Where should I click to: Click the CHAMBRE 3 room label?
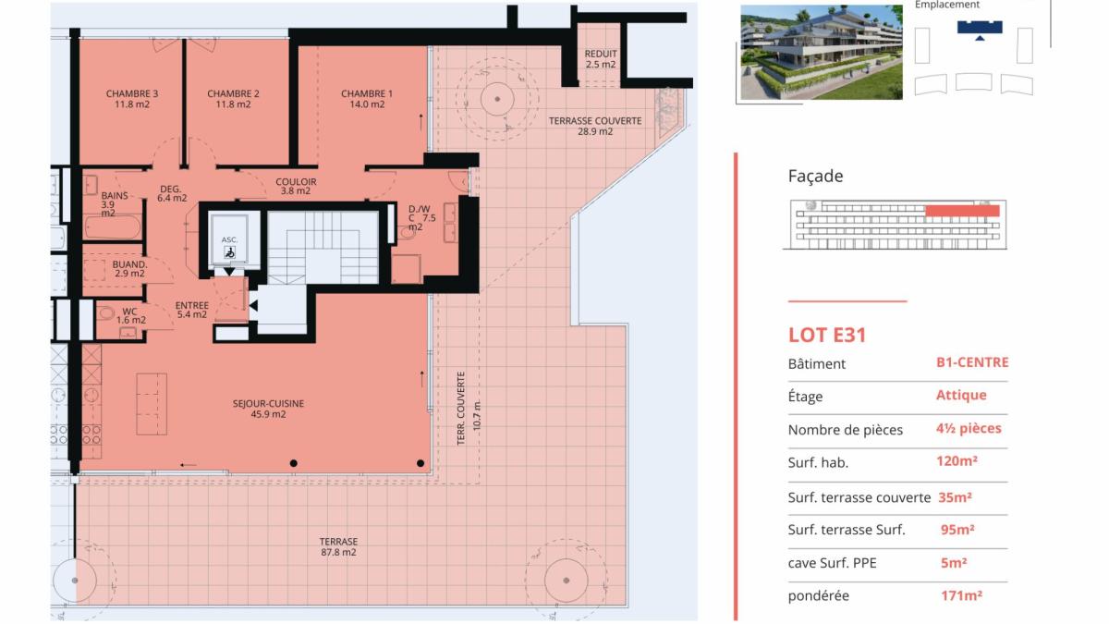(x=131, y=93)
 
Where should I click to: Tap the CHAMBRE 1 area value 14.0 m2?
(x=367, y=104)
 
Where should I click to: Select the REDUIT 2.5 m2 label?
(x=601, y=59)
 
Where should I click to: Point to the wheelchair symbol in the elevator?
(x=230, y=252)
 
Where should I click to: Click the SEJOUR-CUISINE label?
(x=268, y=404)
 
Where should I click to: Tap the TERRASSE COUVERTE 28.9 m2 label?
(x=595, y=127)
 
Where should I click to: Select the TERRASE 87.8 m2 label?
(x=338, y=546)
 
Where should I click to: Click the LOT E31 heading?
(x=827, y=336)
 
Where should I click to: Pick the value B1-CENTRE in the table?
(x=972, y=362)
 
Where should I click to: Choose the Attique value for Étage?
(x=961, y=396)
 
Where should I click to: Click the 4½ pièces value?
(x=969, y=428)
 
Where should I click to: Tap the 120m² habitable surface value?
(x=957, y=461)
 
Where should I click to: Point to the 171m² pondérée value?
(x=961, y=595)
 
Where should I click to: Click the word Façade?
(x=815, y=176)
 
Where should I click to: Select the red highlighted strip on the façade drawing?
(x=962, y=211)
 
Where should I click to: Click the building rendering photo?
(x=822, y=53)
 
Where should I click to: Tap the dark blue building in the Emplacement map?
(x=980, y=29)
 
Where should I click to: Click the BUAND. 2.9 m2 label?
(x=129, y=269)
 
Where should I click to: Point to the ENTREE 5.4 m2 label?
(x=192, y=310)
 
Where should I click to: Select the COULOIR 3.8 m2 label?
(x=296, y=186)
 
